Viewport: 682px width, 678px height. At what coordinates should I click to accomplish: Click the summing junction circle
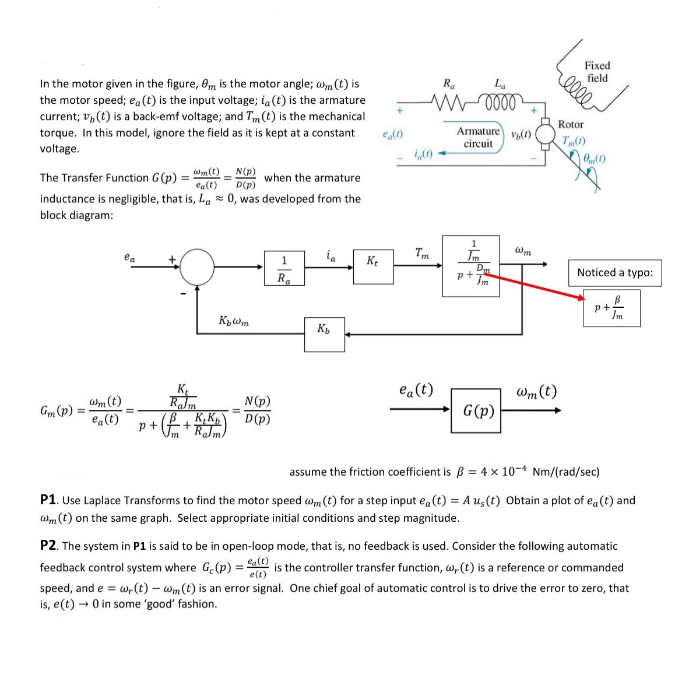point(198,268)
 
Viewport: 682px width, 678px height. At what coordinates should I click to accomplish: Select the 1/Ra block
point(284,269)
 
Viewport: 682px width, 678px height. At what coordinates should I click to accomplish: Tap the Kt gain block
point(373,267)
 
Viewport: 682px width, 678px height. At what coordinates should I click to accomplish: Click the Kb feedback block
point(324,334)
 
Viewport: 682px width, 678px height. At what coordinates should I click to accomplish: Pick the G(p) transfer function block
point(476,410)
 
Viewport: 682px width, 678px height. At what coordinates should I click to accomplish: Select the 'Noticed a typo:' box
point(614,273)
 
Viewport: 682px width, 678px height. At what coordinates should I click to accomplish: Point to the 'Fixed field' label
point(597,72)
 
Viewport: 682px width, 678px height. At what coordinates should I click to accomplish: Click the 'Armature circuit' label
point(478,137)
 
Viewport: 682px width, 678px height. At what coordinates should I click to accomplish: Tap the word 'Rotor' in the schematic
point(570,124)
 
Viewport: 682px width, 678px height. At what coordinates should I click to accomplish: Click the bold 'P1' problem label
point(48,500)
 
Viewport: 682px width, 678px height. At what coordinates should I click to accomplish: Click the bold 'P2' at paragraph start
point(48,546)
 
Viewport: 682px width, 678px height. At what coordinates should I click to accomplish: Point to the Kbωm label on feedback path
point(234,321)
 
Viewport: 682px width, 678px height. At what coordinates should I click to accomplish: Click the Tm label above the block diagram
point(422,253)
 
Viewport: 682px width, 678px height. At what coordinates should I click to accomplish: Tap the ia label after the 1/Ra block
point(330,255)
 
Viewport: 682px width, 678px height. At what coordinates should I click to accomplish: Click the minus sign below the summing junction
point(182,293)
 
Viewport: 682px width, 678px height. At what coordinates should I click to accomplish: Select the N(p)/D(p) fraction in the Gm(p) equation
point(257,410)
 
